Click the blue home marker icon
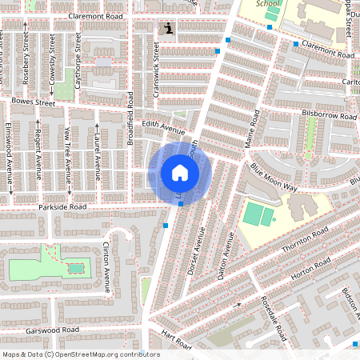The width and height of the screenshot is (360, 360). click(x=179, y=173)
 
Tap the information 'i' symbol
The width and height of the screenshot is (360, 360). click(x=168, y=29)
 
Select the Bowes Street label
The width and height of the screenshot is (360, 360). click(x=34, y=102)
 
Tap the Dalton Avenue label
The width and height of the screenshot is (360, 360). click(x=223, y=258)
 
